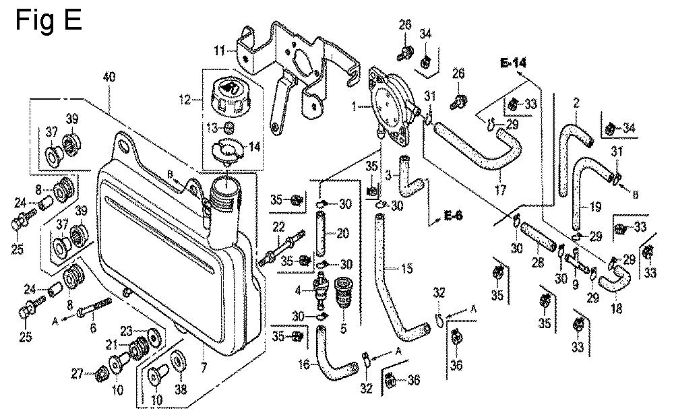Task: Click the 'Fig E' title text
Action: tap(48, 20)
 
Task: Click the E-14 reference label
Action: tap(513, 63)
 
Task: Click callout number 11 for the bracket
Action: tap(219, 50)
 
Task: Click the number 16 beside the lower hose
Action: tap(304, 364)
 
